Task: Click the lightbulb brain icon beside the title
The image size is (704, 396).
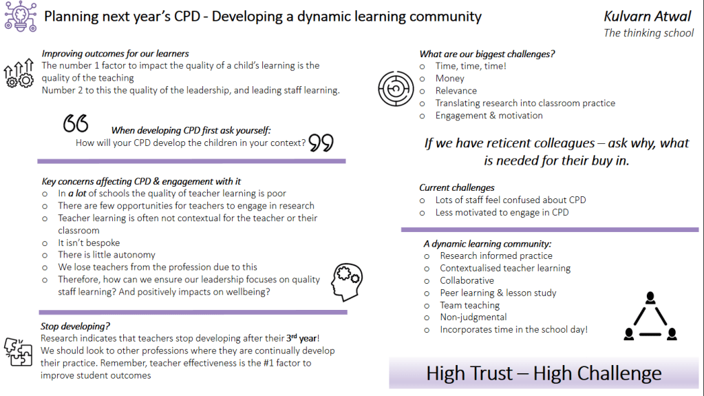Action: pos(21,16)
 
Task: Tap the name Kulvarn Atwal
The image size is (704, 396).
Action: pos(647,17)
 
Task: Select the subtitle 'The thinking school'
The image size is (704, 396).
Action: pos(648,33)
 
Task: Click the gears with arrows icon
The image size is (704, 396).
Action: pos(19,73)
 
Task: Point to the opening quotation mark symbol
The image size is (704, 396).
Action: pos(76,123)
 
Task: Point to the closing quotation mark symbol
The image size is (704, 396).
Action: pos(321,143)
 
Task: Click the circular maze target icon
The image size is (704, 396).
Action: pos(396,89)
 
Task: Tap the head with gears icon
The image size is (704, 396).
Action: pos(347,282)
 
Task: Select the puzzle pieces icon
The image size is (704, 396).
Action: pos(18,352)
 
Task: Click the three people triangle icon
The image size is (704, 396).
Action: pos(650,316)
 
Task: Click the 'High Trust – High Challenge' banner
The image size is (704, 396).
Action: pos(544,373)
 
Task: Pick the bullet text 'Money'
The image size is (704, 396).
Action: pos(449,79)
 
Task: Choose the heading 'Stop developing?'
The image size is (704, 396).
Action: pos(75,326)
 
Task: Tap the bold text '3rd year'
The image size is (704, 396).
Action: pos(302,338)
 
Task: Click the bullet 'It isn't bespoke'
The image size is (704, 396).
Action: pos(89,242)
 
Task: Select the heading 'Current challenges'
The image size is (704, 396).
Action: pos(457,187)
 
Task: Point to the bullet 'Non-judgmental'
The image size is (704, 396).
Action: pos(473,317)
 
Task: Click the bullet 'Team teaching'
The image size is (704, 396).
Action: pos(469,305)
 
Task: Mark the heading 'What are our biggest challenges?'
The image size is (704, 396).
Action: pos(487,54)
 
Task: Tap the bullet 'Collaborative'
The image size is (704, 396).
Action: pos(467,280)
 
